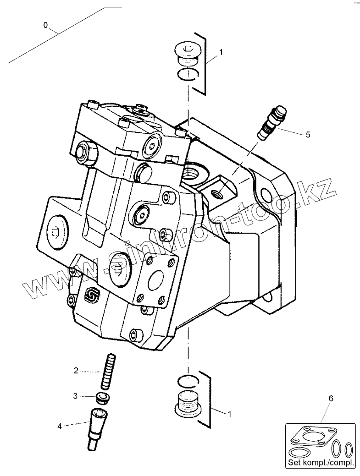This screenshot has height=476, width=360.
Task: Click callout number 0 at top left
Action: coord(45,26)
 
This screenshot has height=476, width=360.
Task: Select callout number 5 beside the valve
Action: coord(308,134)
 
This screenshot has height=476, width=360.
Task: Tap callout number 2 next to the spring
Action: coord(77,371)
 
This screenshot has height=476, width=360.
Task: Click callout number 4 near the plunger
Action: coord(59,427)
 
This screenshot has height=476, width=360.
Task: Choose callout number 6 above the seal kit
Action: coord(331,399)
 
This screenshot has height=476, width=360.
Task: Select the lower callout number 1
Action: coord(230,413)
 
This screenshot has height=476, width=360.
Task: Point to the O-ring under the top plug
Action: coord(188,74)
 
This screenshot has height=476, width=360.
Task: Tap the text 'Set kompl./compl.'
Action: coord(321,463)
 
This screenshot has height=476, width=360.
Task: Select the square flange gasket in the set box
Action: coord(313,438)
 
